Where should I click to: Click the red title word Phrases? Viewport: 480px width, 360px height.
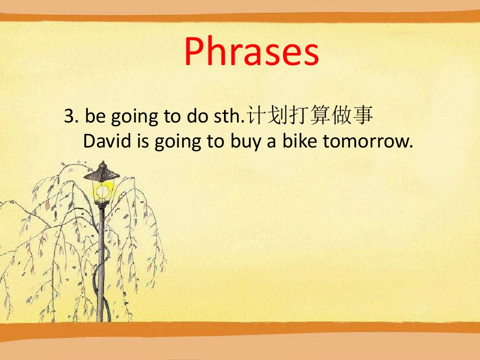click(251, 51)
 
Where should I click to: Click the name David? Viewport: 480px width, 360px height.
click(107, 141)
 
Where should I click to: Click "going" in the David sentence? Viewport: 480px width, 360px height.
click(177, 142)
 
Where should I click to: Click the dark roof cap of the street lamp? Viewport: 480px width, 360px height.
click(102, 171)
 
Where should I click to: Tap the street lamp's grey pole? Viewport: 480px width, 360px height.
click(101, 263)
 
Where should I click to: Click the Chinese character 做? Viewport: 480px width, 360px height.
click(341, 115)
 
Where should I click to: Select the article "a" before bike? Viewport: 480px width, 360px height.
click(271, 142)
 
